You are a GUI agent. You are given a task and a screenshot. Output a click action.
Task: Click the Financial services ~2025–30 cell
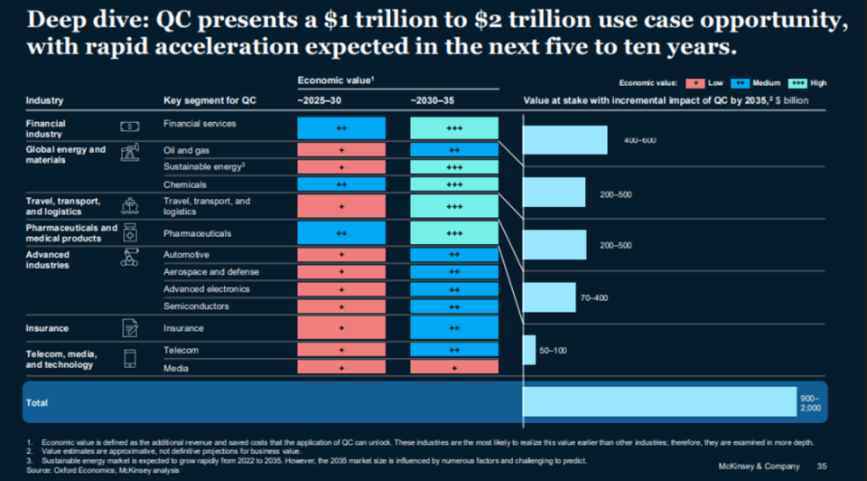click(x=341, y=127)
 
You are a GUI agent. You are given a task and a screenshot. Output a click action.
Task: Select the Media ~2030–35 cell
click(x=454, y=368)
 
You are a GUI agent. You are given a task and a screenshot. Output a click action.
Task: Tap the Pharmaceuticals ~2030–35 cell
click(x=454, y=233)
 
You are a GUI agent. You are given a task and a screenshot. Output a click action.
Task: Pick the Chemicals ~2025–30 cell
click(x=341, y=184)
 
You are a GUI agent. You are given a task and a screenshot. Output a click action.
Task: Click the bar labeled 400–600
click(x=565, y=140)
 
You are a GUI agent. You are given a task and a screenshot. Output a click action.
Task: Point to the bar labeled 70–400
click(x=549, y=297)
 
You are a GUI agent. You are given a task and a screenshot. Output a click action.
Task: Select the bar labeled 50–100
click(x=529, y=350)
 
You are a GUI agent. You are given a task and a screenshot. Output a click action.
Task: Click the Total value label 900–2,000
click(x=810, y=403)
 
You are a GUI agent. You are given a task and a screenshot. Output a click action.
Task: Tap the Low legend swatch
click(x=695, y=83)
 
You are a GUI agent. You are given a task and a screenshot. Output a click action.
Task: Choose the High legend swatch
click(x=797, y=83)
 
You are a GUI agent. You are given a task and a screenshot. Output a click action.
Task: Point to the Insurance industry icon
click(x=130, y=328)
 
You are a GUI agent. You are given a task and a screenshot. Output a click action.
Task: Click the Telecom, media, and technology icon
click(x=130, y=357)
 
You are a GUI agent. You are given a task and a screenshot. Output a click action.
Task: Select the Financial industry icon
click(x=130, y=127)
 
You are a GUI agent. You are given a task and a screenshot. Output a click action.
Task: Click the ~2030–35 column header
click(x=438, y=100)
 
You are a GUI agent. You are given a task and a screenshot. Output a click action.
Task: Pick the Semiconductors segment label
click(x=196, y=307)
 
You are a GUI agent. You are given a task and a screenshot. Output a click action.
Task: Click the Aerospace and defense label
click(x=211, y=272)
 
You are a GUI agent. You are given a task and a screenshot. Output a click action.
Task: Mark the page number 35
click(x=822, y=467)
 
